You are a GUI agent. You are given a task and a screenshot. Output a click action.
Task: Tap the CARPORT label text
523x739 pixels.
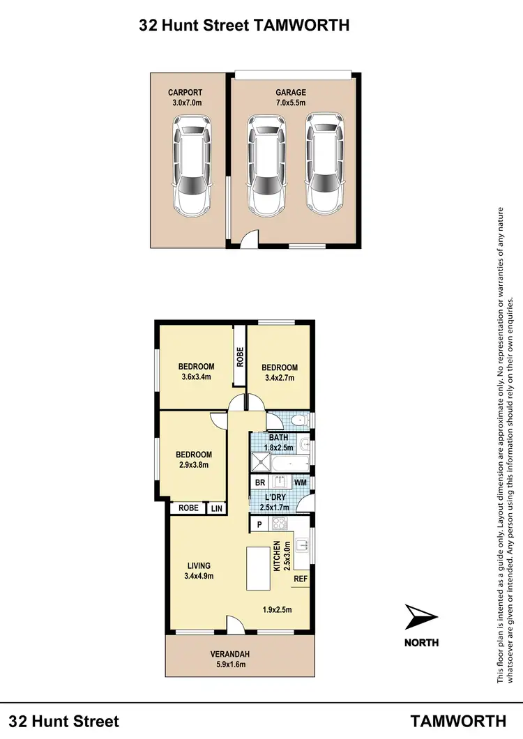[185, 93]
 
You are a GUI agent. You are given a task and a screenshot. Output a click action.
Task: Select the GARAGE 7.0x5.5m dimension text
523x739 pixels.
[291, 103]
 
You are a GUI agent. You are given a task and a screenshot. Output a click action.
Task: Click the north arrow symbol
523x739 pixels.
[421, 618]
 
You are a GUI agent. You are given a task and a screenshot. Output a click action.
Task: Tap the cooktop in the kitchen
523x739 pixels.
[280, 524]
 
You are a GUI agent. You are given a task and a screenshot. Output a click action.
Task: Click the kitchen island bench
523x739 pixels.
[258, 568]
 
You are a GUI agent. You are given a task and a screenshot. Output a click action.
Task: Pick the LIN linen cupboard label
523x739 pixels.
[217, 509]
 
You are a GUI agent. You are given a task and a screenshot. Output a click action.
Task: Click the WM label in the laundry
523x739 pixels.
[301, 482]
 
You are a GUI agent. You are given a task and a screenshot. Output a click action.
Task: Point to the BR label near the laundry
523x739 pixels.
[259, 482]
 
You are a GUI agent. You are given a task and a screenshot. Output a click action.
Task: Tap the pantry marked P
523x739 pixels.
[259, 524]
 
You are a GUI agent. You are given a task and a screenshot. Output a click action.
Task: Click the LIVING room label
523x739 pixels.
[199, 565]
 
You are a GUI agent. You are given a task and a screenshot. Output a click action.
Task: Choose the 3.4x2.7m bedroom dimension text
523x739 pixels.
[280, 379]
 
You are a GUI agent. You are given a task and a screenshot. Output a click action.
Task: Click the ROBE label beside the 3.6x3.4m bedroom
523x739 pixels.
[239, 357]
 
